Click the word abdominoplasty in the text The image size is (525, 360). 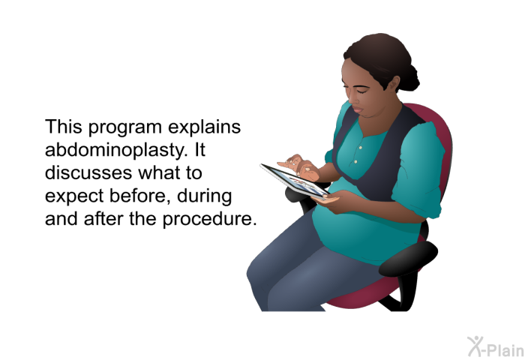point(115,150)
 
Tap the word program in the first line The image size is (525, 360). point(125,128)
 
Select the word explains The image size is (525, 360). point(204,127)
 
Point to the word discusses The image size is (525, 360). point(88,172)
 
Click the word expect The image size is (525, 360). point(74,197)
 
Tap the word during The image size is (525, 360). point(204,196)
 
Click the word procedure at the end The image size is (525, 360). point(209,220)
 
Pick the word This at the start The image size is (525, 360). point(64,127)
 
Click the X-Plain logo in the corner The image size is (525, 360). point(496,347)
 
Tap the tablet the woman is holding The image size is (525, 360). point(294,181)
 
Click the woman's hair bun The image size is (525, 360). point(409,78)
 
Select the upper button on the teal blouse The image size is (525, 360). point(360,147)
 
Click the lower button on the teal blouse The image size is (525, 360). point(355,162)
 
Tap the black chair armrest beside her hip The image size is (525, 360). point(408,258)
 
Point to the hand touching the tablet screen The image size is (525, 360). point(299,167)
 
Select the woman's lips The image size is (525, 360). point(357,109)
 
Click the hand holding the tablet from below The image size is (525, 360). point(326,200)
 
